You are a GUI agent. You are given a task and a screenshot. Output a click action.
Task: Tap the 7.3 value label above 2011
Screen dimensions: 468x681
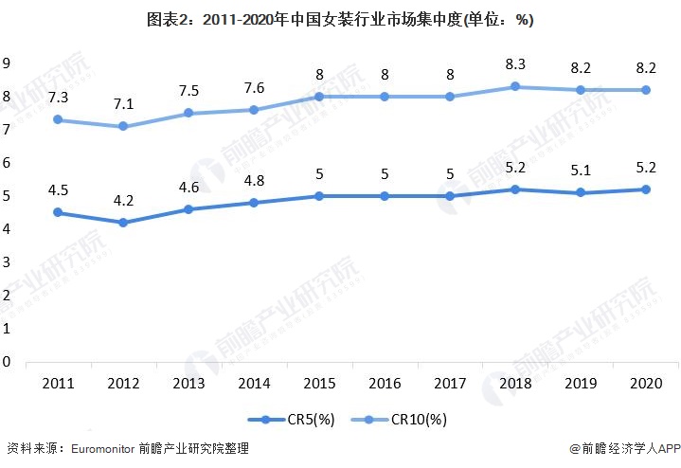pos(57,99)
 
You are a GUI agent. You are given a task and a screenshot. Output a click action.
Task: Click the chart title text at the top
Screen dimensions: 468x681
pos(340,19)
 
